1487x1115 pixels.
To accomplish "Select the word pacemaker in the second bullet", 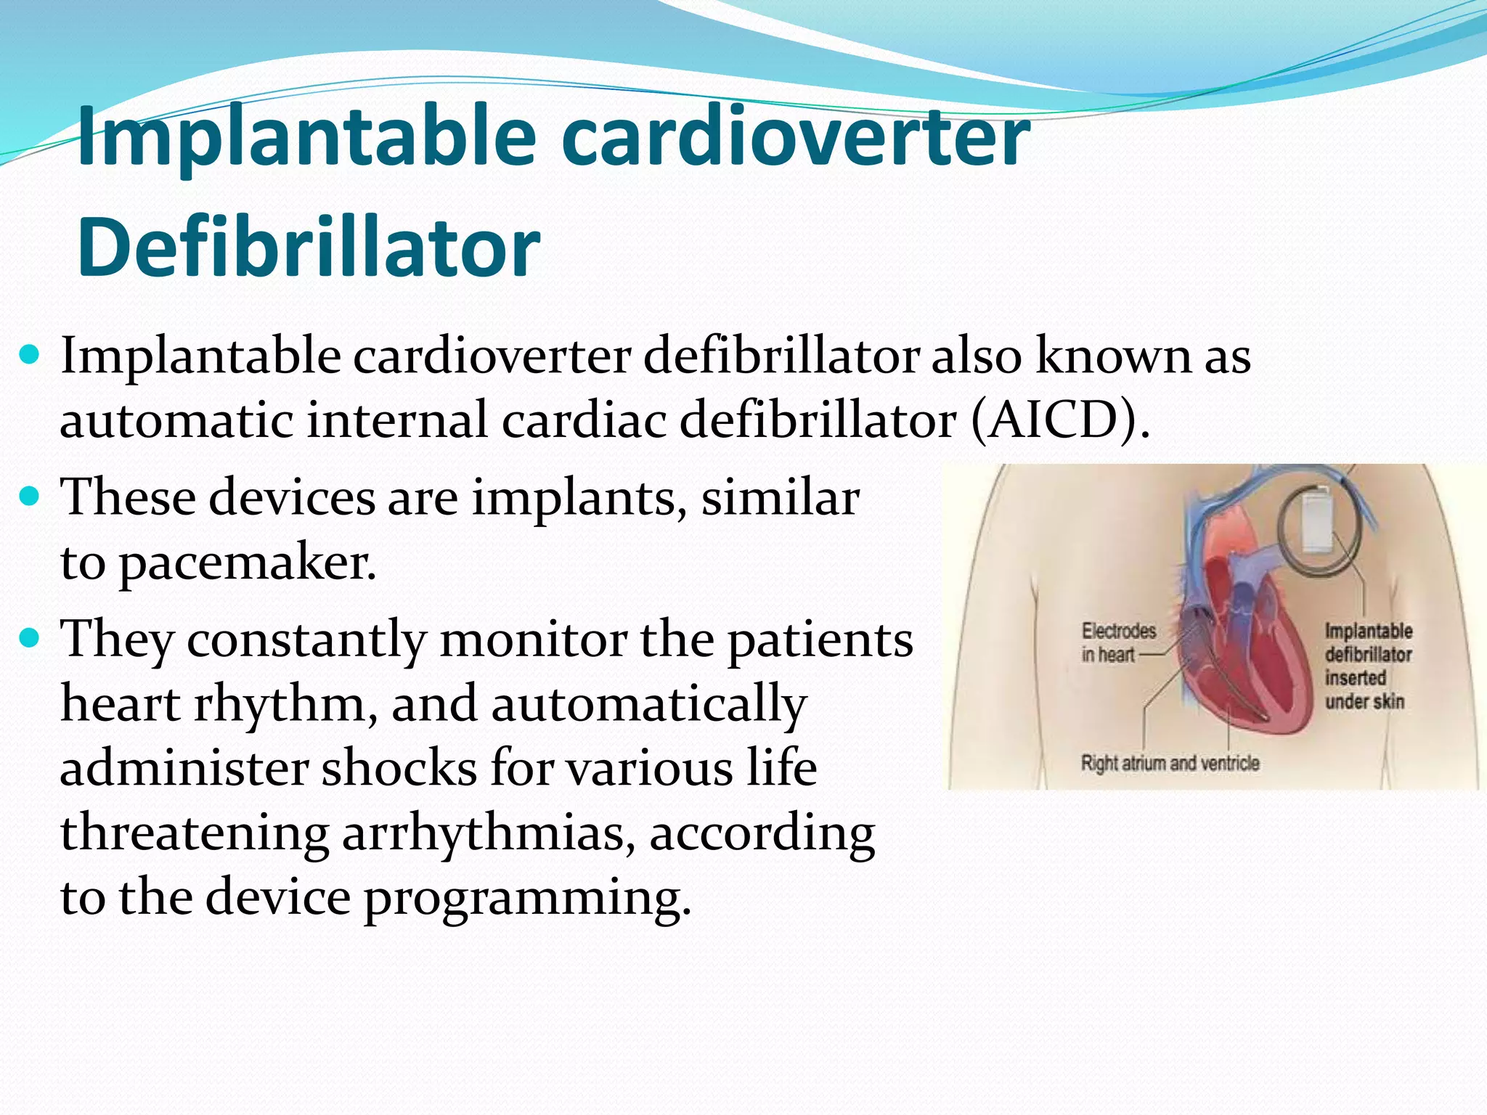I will tap(247, 563).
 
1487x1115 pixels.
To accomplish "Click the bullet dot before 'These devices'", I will tap(30, 497).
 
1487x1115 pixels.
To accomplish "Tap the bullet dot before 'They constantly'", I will tap(30, 639).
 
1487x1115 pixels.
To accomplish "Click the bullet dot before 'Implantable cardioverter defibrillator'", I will tap(30, 356).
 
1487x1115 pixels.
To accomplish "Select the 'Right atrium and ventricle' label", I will tap(1170, 763).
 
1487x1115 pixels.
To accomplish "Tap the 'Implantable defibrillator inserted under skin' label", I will tap(1367, 666).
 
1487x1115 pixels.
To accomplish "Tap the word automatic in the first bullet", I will tap(176, 420).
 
